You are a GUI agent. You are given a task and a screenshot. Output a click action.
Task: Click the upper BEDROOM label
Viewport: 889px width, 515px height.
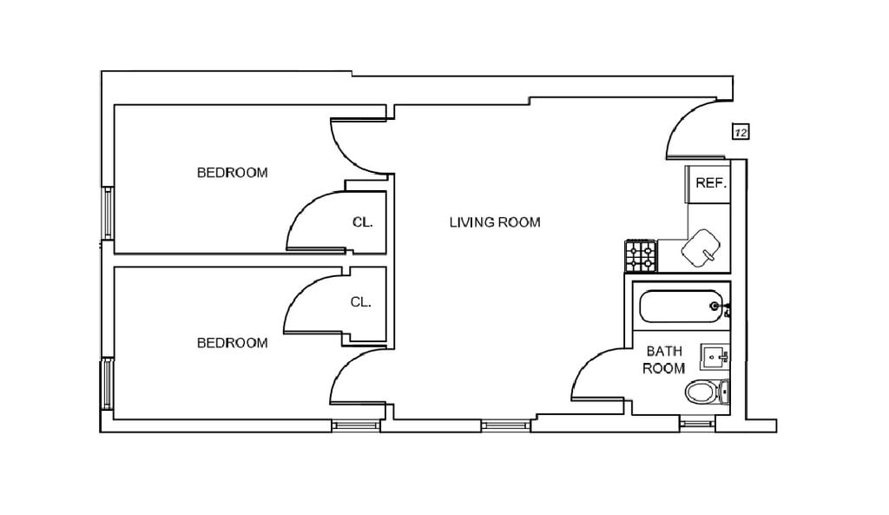(232, 173)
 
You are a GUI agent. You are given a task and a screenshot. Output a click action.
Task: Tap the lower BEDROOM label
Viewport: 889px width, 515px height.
(232, 343)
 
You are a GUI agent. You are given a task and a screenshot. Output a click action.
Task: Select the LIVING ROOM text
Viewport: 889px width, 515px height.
(494, 222)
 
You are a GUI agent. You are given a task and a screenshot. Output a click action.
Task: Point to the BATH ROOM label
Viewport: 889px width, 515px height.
(663, 360)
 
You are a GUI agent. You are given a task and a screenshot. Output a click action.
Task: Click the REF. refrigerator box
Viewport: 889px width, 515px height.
(710, 184)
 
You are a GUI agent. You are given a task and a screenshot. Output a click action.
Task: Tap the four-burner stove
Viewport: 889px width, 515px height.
(641, 255)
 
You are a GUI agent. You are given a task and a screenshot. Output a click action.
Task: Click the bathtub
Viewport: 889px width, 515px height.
(681, 306)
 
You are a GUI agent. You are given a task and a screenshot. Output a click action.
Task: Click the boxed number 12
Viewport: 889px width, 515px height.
(741, 132)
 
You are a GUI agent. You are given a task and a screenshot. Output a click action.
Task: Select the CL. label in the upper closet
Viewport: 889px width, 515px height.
(362, 222)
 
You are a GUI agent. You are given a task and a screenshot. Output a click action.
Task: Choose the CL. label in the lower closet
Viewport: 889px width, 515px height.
(360, 302)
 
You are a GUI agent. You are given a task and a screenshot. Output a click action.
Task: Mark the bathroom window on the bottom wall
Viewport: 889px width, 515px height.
(695, 424)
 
